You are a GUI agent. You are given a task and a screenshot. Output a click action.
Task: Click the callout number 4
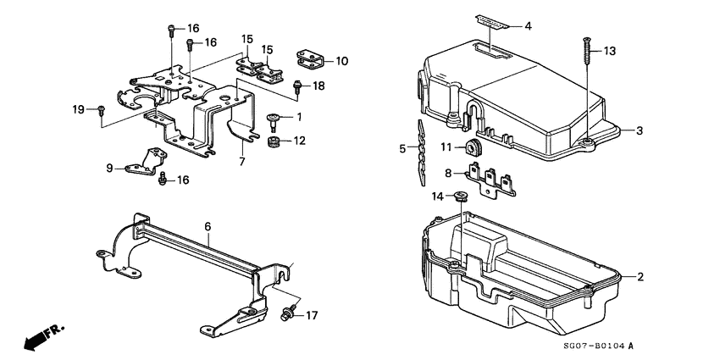(x=528, y=26)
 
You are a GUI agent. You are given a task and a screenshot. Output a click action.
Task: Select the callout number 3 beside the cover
(x=640, y=130)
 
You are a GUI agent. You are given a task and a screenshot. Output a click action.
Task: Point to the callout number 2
(x=640, y=277)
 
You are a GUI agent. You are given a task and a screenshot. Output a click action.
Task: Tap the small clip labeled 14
(x=461, y=198)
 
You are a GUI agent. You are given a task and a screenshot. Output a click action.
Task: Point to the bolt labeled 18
(x=297, y=85)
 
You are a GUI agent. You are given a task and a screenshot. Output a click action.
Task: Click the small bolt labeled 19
(x=101, y=109)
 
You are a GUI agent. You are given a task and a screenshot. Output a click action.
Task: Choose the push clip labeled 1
(x=274, y=117)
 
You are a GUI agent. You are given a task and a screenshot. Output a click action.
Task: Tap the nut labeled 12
(x=274, y=141)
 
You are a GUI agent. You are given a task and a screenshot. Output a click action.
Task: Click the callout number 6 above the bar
(x=206, y=227)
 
